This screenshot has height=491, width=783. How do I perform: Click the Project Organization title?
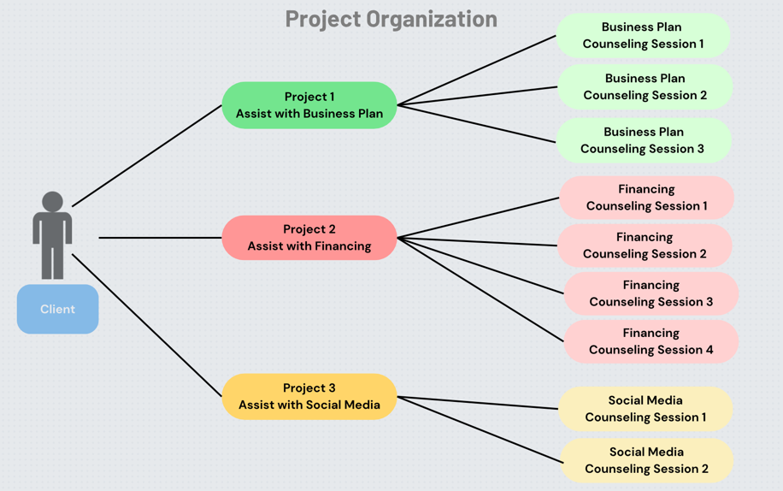click(391, 19)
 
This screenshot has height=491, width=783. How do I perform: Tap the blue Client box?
click(57, 309)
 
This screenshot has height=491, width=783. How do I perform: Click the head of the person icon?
click(52, 202)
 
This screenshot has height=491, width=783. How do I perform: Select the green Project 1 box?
click(309, 105)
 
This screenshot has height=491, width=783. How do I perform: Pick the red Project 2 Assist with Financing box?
click(309, 238)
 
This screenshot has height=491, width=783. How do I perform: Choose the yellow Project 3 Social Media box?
click(309, 396)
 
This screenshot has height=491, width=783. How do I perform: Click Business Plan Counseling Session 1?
click(643, 35)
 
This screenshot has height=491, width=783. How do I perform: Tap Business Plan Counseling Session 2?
click(645, 86)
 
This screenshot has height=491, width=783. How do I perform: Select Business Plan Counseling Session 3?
click(643, 140)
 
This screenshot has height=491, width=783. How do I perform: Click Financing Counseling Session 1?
click(646, 198)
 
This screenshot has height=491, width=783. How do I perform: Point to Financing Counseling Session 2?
click(645, 245)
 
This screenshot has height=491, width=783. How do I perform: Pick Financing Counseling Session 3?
click(651, 293)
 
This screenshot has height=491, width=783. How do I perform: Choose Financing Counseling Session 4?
click(651, 341)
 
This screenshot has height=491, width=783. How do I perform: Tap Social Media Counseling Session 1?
click(645, 409)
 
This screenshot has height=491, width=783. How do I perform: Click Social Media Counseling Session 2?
click(646, 460)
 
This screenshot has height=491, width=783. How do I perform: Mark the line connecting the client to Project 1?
click(147, 156)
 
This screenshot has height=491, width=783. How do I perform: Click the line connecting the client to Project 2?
click(160, 238)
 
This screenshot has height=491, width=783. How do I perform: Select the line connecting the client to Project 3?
click(147, 326)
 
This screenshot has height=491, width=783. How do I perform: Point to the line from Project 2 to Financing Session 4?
click(480, 289)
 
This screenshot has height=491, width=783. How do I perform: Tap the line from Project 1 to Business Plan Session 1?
click(477, 70)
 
